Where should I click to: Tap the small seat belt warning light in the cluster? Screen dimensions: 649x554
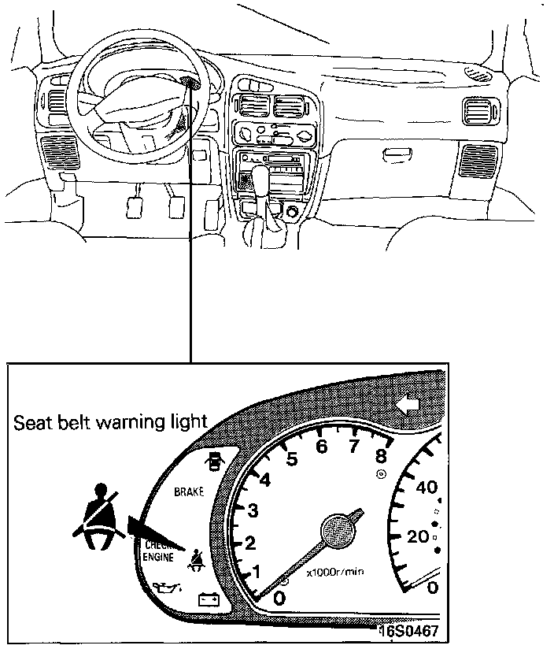tap(195, 558)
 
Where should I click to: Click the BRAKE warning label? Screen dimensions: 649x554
tap(188, 491)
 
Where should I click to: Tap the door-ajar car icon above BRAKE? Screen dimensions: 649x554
tap(213, 459)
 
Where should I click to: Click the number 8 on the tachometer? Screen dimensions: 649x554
tap(381, 454)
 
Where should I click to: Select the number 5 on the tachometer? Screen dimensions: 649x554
tap(292, 459)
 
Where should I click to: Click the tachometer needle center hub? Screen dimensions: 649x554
tap(339, 527)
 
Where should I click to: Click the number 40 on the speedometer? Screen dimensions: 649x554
tap(425, 488)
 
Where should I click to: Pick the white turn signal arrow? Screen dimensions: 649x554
tap(408, 406)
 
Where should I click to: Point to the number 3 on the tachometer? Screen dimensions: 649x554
tap(253, 510)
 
